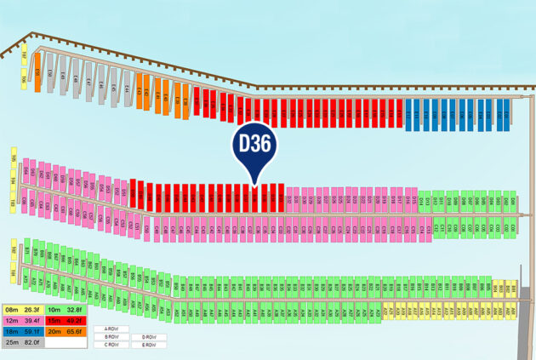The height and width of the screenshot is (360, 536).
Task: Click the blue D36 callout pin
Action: pos(254,144)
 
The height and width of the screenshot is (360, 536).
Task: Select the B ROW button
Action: pos(111,337)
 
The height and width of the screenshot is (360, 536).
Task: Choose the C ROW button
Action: pos(111,345)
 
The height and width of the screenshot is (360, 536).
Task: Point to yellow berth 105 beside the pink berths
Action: pos(14,159)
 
